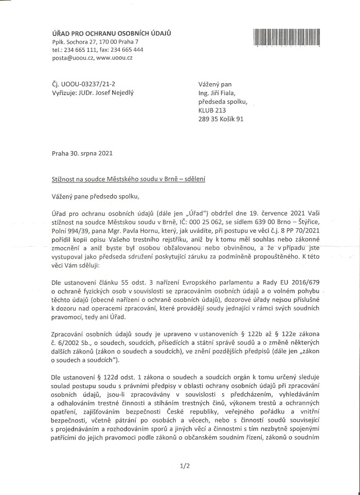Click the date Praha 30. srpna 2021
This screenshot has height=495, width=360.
click(82, 153)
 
